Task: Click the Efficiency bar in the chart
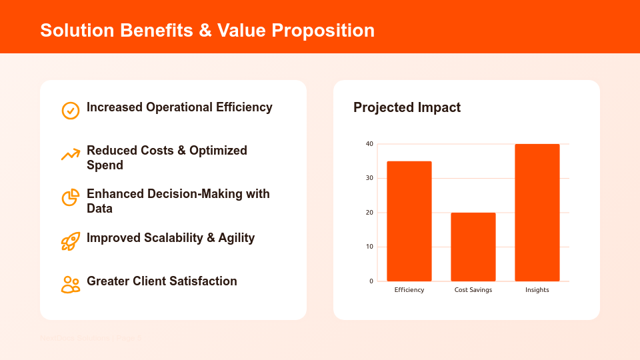(x=409, y=221)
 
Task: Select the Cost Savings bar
(x=473, y=247)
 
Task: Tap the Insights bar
(x=537, y=212)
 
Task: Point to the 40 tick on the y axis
(x=369, y=144)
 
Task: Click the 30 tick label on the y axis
(x=369, y=178)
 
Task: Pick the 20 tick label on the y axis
(x=369, y=213)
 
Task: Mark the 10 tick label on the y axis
(x=369, y=247)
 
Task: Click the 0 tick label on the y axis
(x=371, y=281)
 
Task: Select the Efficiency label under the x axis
(x=409, y=290)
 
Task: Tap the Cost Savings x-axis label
(x=473, y=290)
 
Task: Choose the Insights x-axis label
(x=537, y=290)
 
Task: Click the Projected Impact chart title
(x=407, y=107)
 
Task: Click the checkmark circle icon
(x=71, y=111)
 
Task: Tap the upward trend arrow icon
(x=71, y=155)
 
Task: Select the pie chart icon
(x=71, y=198)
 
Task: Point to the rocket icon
(x=71, y=241)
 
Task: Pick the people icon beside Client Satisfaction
(x=71, y=285)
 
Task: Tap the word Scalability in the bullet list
(x=175, y=238)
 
